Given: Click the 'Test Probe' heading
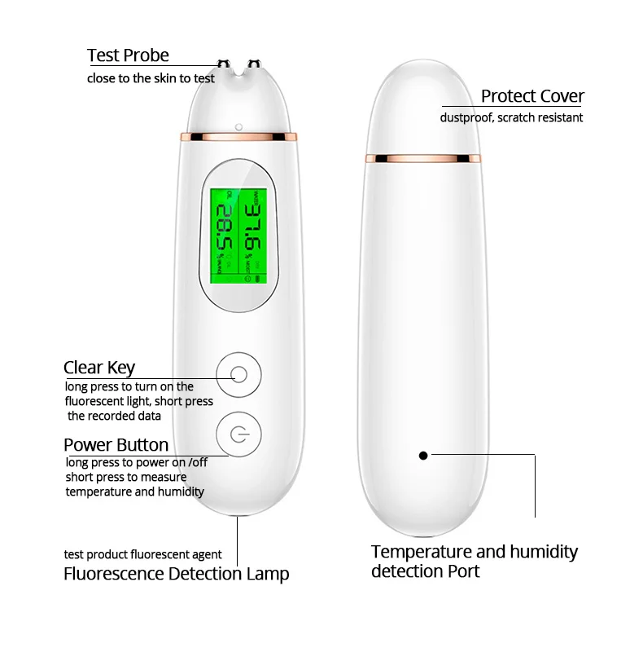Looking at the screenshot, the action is (x=128, y=55).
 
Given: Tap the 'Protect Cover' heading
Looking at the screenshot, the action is (x=532, y=96).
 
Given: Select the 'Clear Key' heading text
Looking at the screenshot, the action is (x=99, y=368).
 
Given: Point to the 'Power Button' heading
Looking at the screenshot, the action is (x=116, y=445).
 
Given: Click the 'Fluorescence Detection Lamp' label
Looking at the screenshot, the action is (x=176, y=573).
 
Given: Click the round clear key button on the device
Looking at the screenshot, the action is (x=238, y=375).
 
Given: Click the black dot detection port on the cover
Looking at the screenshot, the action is (x=423, y=455).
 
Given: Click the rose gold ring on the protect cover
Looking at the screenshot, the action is (x=423, y=157).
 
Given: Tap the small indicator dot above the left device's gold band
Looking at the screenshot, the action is (x=238, y=126).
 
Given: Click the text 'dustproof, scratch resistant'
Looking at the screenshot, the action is (x=511, y=117).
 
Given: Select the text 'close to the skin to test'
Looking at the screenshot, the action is (x=151, y=78).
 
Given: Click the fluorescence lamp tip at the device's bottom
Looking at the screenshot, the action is (x=238, y=516).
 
